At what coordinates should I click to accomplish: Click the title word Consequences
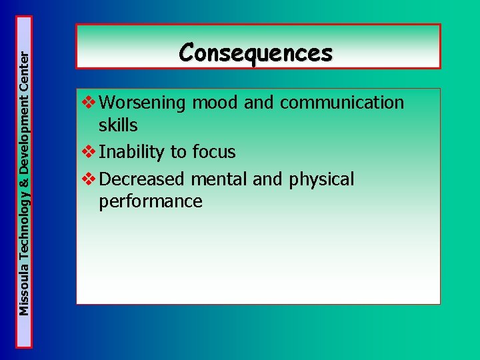[x=256, y=52]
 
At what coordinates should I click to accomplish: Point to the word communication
[x=342, y=103]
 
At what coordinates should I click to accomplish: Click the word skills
[x=118, y=125]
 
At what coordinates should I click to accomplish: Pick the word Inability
[x=131, y=152]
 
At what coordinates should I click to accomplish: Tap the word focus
[x=213, y=152]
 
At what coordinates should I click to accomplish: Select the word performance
[x=150, y=201]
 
